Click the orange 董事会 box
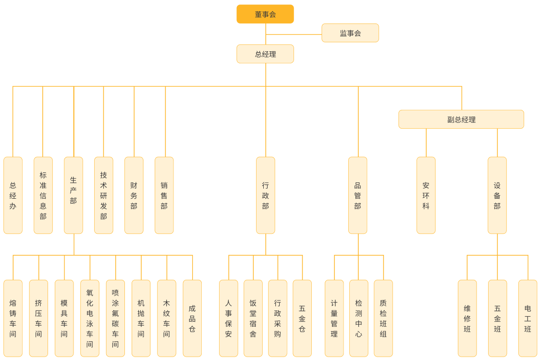tap(265, 14)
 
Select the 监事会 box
tap(350, 33)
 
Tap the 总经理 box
tap(265, 54)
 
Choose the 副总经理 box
tap(461, 120)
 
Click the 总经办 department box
tap(13, 195)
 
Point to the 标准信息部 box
tap(43, 195)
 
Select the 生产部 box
tap(74, 195)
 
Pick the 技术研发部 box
tap(104, 195)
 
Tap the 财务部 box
tap(134, 195)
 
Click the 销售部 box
tap(164, 195)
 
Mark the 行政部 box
tap(266, 195)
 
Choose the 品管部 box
tap(358, 195)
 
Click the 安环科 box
tap(426, 195)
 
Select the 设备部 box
tap(497, 195)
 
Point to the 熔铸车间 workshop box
tap(13, 318)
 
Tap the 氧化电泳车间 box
tap(90, 318)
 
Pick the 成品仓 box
tap(192, 318)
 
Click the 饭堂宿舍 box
tap(253, 318)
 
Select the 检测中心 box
tap(359, 318)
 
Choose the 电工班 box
tap(528, 318)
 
